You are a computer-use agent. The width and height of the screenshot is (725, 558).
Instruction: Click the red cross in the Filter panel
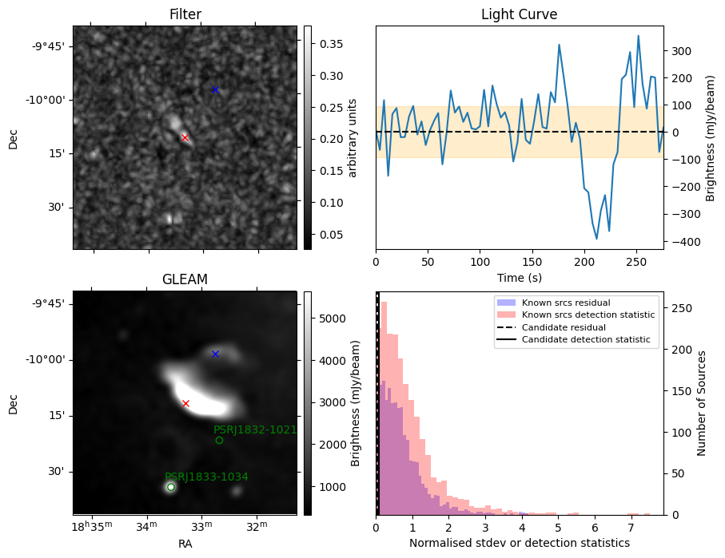coord(185,137)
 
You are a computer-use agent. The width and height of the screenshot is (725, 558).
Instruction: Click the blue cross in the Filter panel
coord(215,89)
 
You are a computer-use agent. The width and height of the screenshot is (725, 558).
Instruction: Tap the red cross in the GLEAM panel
coord(186,404)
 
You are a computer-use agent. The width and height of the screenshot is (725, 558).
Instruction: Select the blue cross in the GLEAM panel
coord(215,354)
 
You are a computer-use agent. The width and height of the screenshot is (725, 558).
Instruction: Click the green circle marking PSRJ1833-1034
coord(170,487)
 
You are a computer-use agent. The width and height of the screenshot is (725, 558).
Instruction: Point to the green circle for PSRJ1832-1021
coord(219,440)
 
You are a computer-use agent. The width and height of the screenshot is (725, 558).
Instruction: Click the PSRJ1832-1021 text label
coord(255,429)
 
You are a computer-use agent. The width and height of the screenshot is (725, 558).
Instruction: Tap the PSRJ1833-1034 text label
coord(207,477)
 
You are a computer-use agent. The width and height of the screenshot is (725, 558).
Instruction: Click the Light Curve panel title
coord(520,14)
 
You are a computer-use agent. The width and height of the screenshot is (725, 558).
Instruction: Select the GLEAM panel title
coord(185,279)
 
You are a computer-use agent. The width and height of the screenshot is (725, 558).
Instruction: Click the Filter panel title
coord(185,14)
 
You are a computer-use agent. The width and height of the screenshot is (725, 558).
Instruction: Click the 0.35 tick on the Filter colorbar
coord(332,44)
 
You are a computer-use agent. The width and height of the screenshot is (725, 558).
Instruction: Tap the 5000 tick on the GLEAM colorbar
coord(333,319)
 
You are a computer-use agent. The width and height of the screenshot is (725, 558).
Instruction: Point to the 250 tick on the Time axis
coord(636,262)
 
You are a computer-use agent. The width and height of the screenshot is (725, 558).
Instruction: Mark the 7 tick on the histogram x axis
coord(631,528)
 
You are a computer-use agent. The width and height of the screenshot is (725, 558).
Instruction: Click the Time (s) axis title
coord(520,278)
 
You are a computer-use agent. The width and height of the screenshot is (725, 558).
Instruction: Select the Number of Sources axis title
coord(701,403)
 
